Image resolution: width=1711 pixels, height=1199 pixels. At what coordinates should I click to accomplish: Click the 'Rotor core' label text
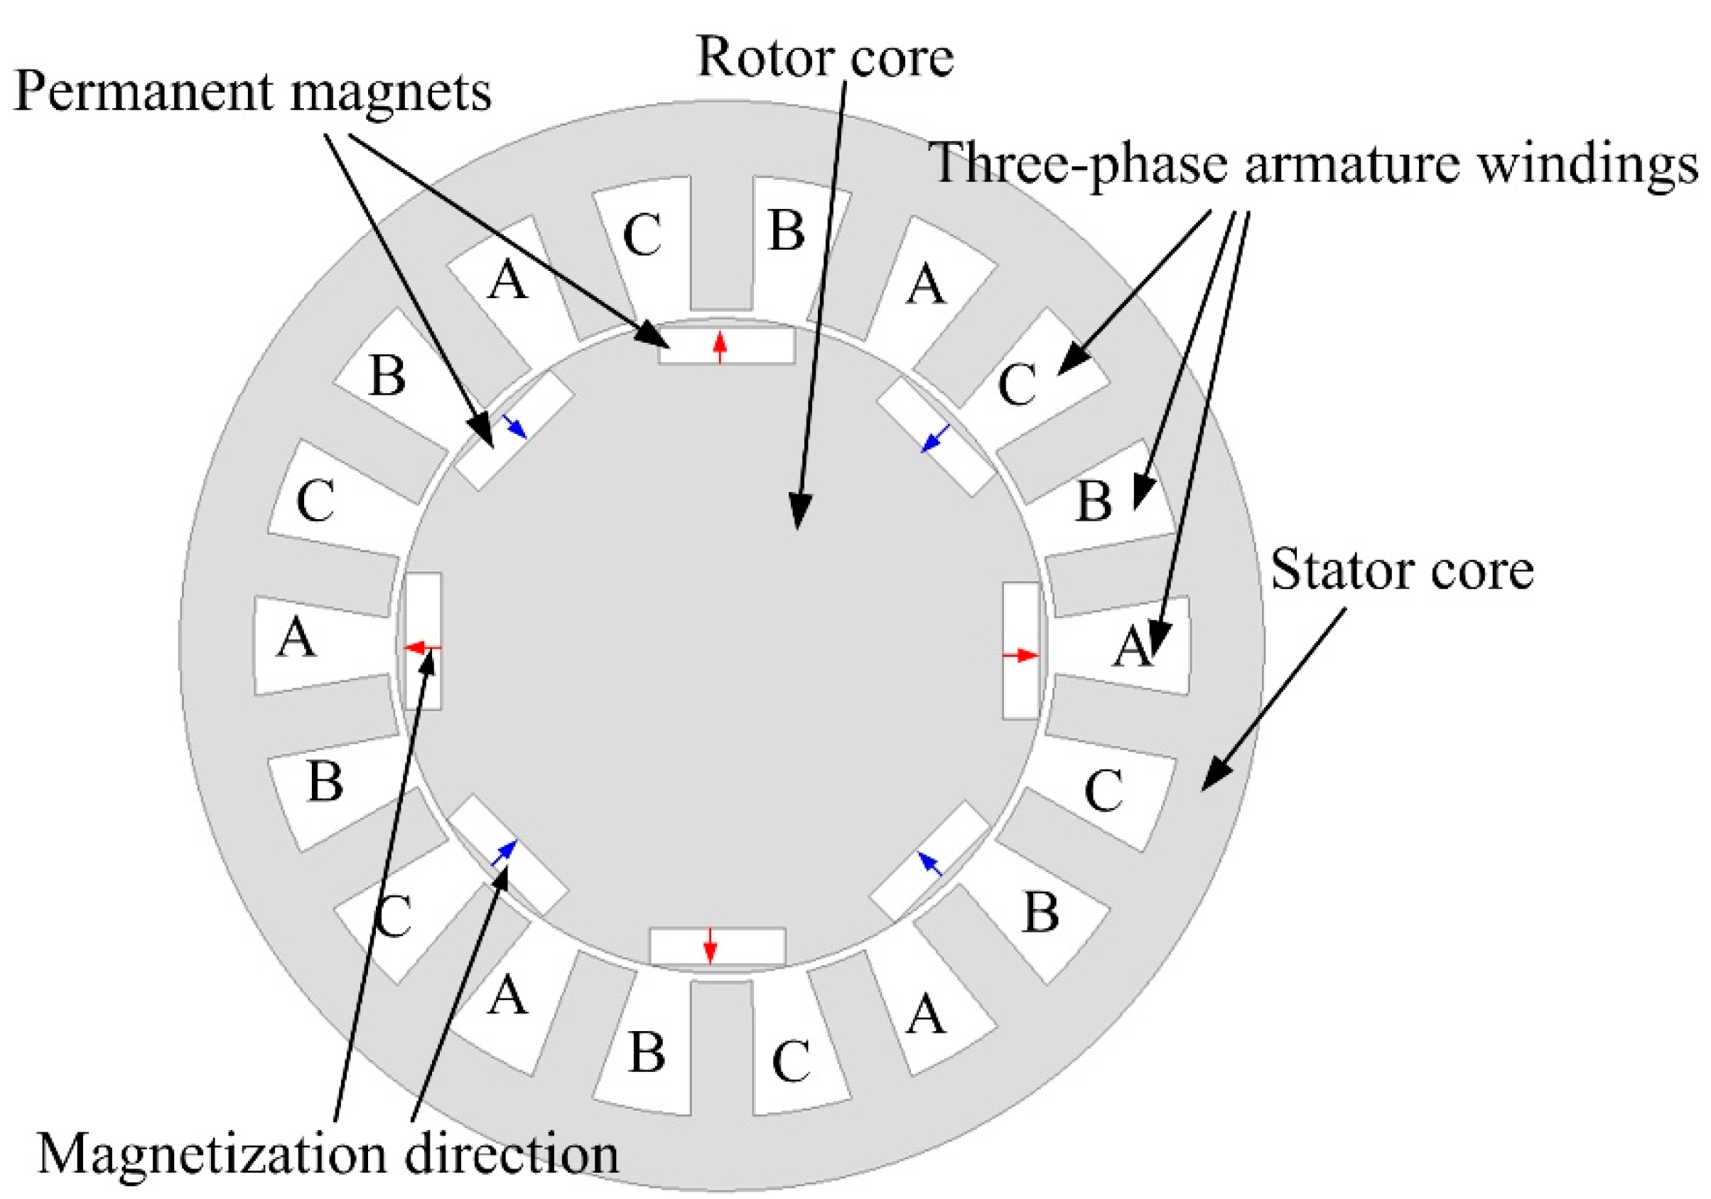point(825,58)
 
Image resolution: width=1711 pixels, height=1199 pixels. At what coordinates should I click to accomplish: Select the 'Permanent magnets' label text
point(253,93)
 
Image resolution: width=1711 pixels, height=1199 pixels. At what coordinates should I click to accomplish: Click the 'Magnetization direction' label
point(328,1153)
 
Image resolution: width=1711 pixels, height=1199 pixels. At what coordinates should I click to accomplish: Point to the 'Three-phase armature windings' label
point(1312,164)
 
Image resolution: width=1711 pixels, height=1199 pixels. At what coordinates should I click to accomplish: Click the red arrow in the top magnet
point(719,348)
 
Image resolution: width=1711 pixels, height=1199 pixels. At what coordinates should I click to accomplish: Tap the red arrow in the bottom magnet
point(710,946)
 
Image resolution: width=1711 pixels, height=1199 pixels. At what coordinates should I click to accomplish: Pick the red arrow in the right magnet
point(1020,656)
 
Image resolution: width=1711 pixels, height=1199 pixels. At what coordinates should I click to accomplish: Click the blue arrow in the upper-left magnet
point(514,427)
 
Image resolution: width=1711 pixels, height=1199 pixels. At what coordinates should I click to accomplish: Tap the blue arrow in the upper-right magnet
point(935,439)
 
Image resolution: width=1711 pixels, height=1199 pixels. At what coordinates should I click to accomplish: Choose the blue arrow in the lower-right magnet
point(930,863)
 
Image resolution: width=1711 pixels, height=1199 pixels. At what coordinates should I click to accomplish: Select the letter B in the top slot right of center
point(786,230)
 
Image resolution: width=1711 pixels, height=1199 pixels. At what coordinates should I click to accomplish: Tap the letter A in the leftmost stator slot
point(296,639)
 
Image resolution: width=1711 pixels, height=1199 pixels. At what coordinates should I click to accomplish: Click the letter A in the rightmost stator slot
point(1133,646)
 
